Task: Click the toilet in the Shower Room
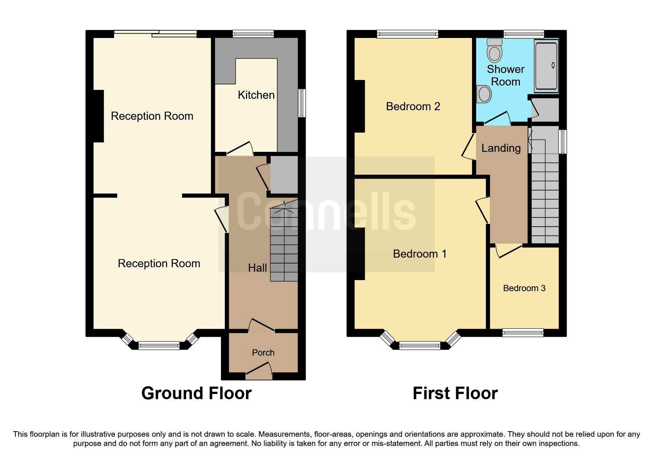[x=494, y=51]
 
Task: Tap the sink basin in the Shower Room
[x=484, y=94]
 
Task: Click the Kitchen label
[x=256, y=95]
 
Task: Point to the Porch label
[x=263, y=353]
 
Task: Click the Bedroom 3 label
[x=524, y=288]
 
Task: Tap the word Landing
[x=501, y=148]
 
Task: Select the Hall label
[x=257, y=268]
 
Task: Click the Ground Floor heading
[x=196, y=393]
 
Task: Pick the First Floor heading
[x=455, y=393]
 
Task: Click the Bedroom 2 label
[x=413, y=107]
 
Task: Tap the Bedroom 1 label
[x=419, y=254]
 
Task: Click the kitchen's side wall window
[x=302, y=103]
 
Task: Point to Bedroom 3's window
[x=522, y=333]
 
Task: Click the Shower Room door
[x=497, y=118]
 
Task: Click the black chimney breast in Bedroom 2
[x=360, y=106]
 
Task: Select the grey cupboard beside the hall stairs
[x=284, y=175]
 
